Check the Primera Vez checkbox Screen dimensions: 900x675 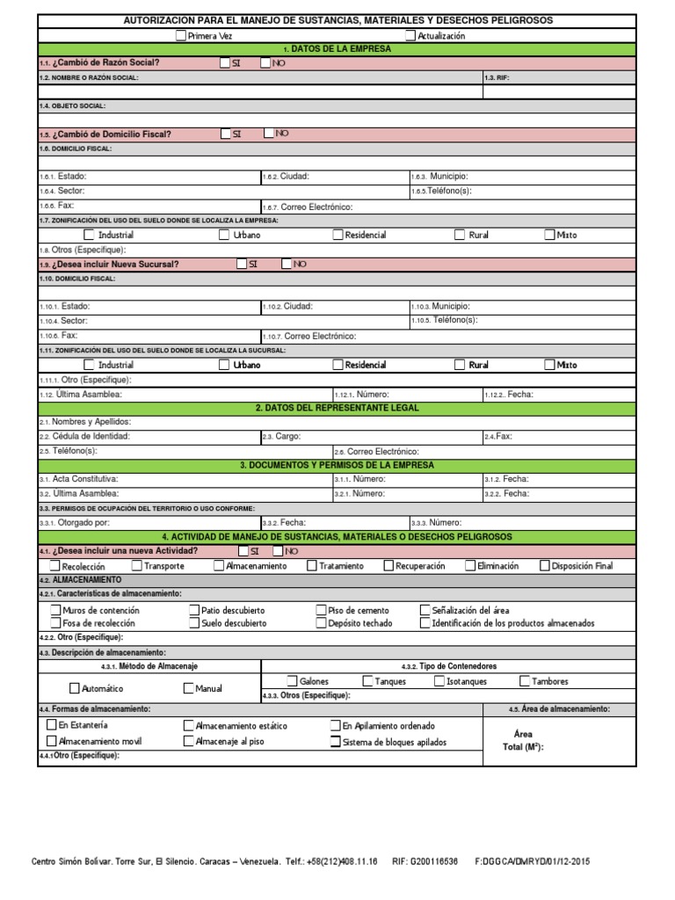pyautogui.click(x=181, y=36)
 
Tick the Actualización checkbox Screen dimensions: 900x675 pyautogui.click(x=410, y=36)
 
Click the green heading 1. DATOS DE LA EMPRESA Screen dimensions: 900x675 pyautogui.click(x=337, y=49)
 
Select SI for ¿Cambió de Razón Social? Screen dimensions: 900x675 pyautogui.click(x=226, y=63)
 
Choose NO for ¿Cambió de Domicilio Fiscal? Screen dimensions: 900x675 pyautogui.click(x=269, y=134)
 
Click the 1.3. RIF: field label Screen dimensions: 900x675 pyautogui.click(x=497, y=77)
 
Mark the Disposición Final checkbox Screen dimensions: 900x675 pyautogui.click(x=545, y=566)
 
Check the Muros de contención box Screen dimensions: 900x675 pyautogui.click(x=56, y=610)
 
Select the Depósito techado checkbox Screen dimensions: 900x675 pyautogui.click(x=321, y=623)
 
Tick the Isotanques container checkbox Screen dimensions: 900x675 pyautogui.click(x=439, y=681)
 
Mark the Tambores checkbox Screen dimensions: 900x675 pyautogui.click(x=525, y=681)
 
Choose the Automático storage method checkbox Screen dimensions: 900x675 pyautogui.click(x=75, y=689)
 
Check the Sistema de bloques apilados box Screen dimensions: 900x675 pyautogui.click(x=335, y=742)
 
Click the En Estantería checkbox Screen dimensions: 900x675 pyautogui.click(x=51, y=726)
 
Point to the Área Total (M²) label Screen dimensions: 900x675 pyautogui.click(x=523, y=740)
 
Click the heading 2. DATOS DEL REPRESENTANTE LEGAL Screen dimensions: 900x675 pyautogui.click(x=337, y=408)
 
